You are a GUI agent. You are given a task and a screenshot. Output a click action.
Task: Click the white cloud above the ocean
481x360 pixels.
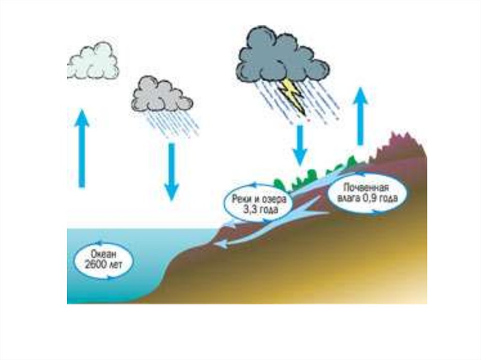point(94,61)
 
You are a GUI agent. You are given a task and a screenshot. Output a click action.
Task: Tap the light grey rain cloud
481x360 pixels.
point(161,95)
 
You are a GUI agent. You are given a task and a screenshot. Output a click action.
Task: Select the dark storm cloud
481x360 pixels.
point(281,56)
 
